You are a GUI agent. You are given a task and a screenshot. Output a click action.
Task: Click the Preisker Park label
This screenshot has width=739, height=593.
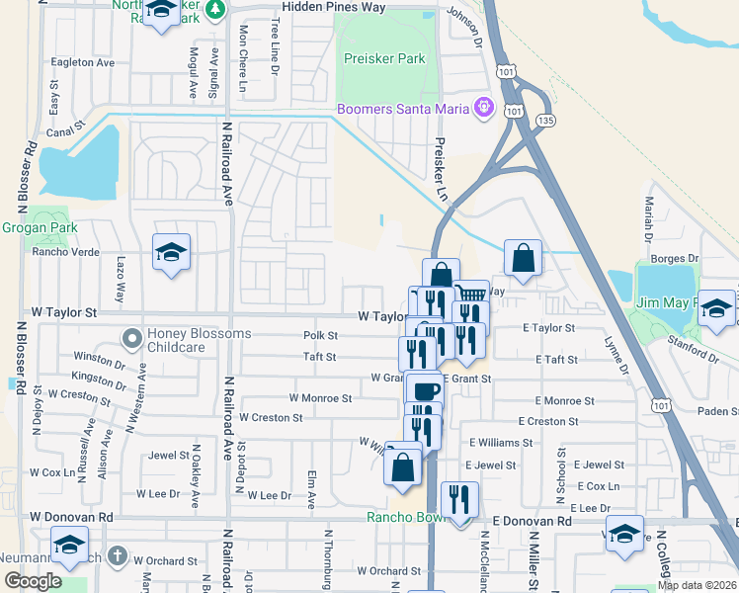coord(383,59)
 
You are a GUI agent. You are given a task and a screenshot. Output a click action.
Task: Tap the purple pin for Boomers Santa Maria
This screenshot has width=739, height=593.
coord(483,108)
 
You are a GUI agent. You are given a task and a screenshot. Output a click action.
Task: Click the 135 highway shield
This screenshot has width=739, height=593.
coord(544,121)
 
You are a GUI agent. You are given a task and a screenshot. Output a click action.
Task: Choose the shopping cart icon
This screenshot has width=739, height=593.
coord(471,294)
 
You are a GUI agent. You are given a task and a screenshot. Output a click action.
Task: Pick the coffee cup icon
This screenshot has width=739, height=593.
coord(426,391)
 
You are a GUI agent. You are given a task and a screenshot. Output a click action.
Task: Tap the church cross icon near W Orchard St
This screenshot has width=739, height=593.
coord(118,555)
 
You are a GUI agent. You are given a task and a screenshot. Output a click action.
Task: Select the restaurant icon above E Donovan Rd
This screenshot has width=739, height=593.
coord(459,497)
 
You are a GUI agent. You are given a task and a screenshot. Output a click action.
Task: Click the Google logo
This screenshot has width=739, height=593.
coord(33,581)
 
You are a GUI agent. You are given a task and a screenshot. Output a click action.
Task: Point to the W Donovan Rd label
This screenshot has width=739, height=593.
coord(71,517)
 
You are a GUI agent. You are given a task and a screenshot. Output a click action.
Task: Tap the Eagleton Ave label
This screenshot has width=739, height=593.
coord(86,62)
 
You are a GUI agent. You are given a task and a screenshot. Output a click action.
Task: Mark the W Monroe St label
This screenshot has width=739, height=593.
coord(320,398)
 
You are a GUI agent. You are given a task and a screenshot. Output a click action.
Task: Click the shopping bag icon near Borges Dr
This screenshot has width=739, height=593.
coord(523,259)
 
